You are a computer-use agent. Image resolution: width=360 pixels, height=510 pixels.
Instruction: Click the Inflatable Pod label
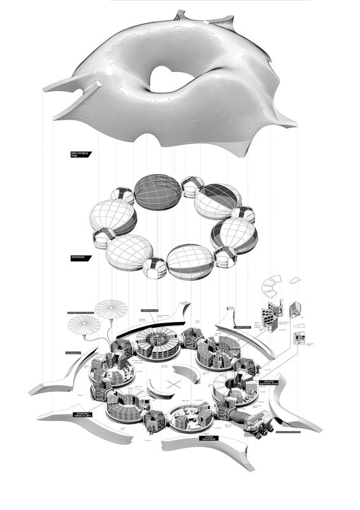[x=82, y=154]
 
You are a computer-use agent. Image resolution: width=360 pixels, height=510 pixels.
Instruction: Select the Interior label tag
[x=81, y=259]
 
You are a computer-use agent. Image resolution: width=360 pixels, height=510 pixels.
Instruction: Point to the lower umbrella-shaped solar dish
[x=84, y=328]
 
